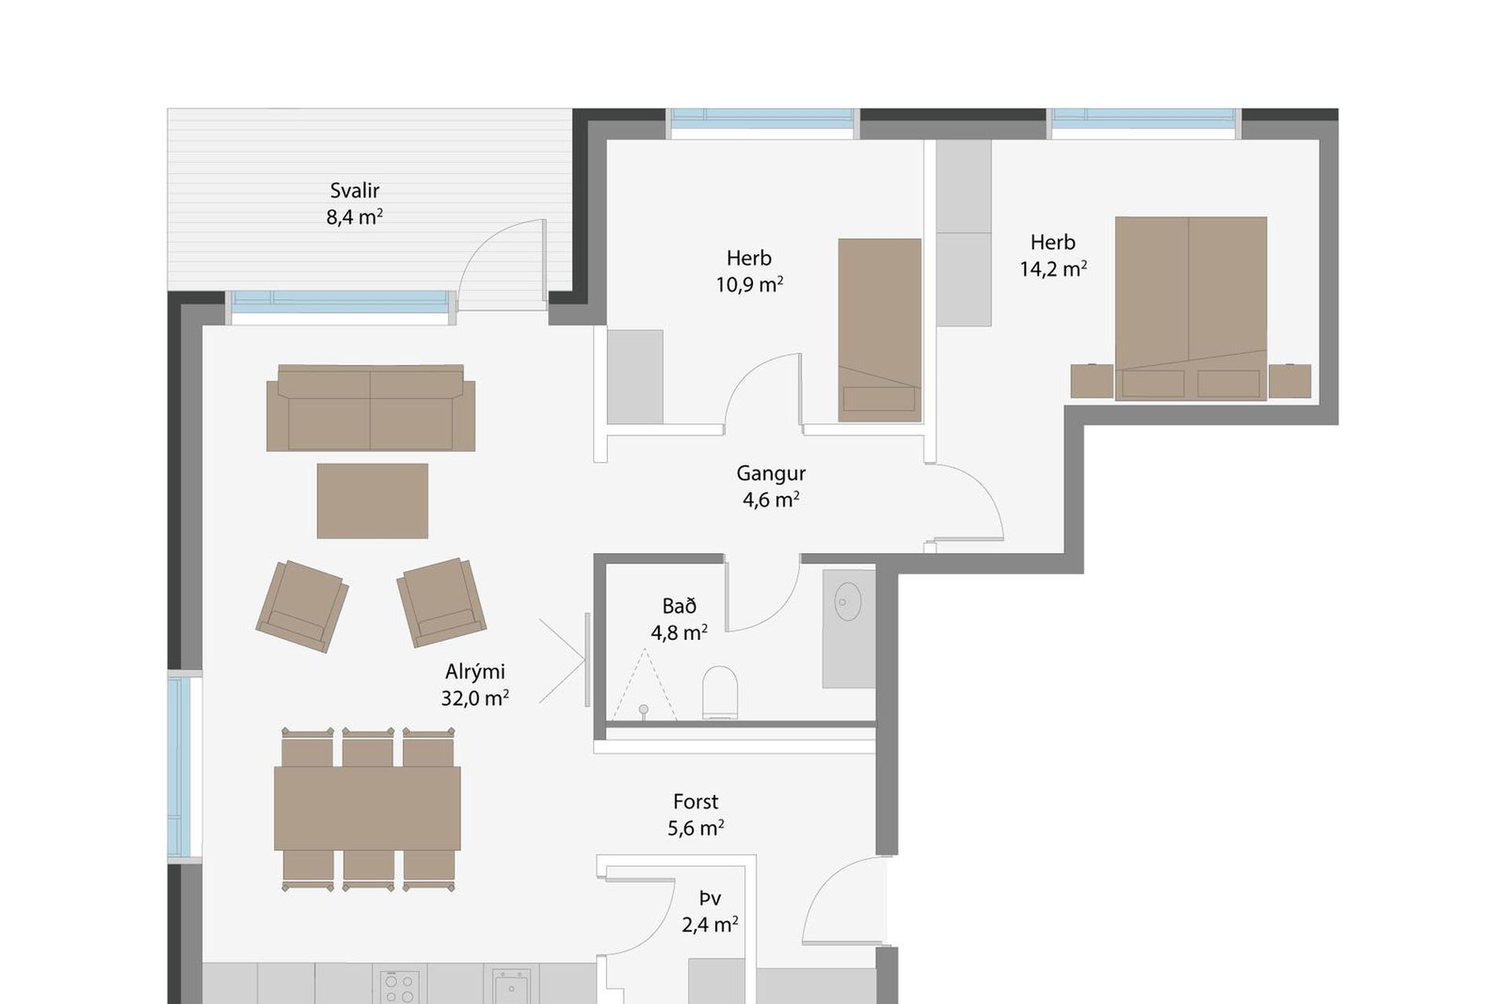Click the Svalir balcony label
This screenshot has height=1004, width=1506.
[355, 191]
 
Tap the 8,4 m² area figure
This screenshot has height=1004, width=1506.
[355, 217]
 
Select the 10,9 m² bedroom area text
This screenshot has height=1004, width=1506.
[749, 285]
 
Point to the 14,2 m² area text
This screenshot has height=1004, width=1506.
[1053, 269]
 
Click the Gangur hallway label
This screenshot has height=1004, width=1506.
[771, 474]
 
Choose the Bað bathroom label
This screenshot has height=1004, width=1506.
[679, 606]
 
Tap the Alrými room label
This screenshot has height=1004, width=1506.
[475, 671]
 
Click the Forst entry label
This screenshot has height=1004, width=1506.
[696, 802]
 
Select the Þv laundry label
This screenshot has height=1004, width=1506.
[710, 898]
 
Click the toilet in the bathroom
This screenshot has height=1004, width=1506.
[720, 692]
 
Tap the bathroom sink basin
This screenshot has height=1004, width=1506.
[848, 602]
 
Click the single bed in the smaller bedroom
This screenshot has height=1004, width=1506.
[879, 330]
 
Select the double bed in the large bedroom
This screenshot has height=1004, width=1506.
[1191, 308]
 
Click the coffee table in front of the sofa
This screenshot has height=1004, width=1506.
[373, 500]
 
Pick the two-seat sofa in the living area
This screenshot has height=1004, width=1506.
[370, 408]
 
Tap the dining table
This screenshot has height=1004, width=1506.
[367, 809]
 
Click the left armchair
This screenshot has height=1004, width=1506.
[302, 606]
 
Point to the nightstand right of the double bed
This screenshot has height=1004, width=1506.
[1290, 381]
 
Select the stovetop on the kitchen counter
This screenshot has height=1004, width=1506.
[399, 987]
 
